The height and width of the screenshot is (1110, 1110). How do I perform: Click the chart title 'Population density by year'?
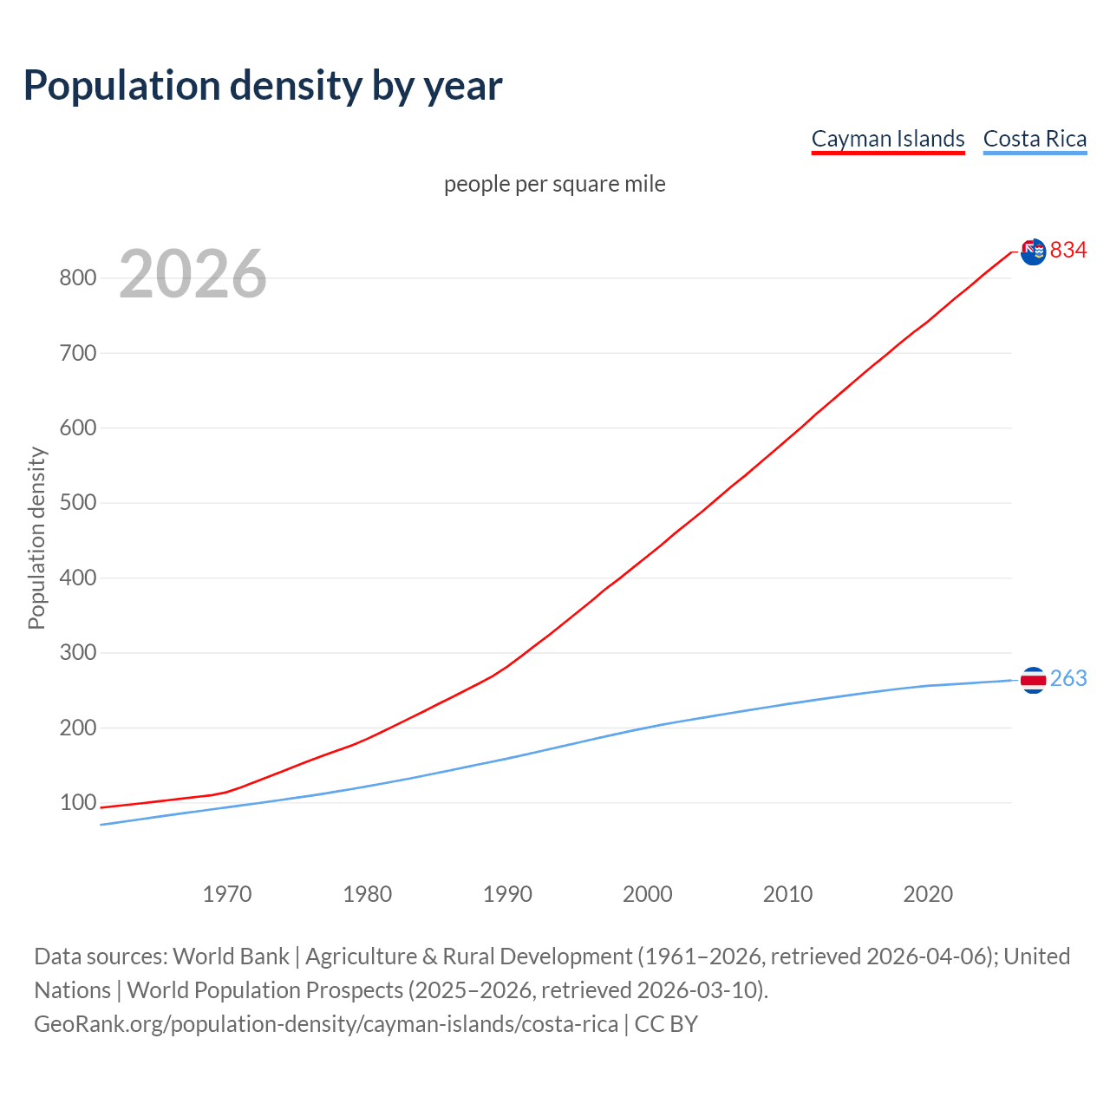(263, 85)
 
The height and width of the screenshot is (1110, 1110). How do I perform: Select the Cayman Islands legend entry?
(887, 139)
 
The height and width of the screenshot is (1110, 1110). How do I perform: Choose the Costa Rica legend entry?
(1035, 139)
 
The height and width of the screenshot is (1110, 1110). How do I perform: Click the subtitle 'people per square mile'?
(554, 184)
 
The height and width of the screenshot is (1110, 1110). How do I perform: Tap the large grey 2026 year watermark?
(193, 274)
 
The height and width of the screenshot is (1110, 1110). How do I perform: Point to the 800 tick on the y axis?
(77, 278)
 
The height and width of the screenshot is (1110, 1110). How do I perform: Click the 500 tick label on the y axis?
(77, 503)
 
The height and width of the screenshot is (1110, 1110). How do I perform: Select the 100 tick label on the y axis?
(77, 803)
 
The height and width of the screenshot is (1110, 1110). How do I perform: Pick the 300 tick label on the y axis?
(77, 653)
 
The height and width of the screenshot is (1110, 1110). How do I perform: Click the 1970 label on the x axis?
(227, 894)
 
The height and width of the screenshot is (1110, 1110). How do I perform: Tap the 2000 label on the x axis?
(647, 894)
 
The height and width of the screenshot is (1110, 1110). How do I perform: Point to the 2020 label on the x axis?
(928, 894)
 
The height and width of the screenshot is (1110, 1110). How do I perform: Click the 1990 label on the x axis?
(507, 894)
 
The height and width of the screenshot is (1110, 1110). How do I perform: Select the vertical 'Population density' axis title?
(36, 538)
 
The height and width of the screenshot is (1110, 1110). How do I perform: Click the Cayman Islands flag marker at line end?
(1033, 251)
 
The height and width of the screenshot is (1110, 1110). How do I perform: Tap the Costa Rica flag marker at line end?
(1033, 680)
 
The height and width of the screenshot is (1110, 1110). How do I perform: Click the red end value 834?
(1068, 251)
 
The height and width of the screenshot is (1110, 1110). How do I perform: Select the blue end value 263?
(1068, 679)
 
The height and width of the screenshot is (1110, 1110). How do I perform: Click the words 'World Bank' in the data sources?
(231, 957)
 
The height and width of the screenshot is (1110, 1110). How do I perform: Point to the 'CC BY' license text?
(666, 1024)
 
